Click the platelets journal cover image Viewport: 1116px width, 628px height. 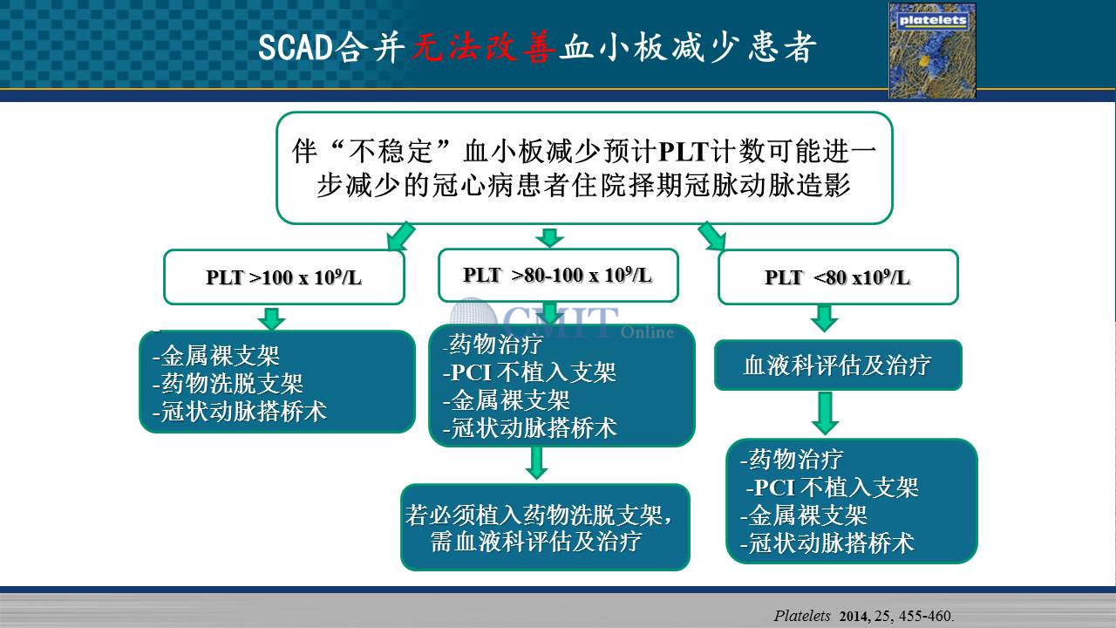click(x=932, y=51)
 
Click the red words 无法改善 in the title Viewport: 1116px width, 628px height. click(x=483, y=48)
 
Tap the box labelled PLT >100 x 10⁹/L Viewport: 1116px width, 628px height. click(x=284, y=277)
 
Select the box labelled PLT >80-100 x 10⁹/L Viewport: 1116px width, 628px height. click(x=558, y=275)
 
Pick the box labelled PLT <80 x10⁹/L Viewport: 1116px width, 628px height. click(x=838, y=277)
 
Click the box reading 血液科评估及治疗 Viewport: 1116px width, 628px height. click(x=838, y=365)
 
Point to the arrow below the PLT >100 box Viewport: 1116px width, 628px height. click(x=271, y=318)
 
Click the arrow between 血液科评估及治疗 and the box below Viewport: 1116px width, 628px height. click(x=825, y=413)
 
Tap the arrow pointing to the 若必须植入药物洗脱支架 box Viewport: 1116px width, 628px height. click(x=536, y=463)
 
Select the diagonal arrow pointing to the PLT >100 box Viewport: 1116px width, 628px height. click(x=400, y=236)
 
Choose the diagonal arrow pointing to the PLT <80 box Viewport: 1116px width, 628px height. click(x=712, y=236)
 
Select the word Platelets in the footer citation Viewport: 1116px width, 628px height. click(x=802, y=616)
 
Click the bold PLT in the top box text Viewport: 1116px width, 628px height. click(x=684, y=152)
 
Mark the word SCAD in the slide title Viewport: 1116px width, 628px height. click(x=296, y=48)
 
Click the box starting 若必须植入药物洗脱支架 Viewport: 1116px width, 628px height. click(x=546, y=528)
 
